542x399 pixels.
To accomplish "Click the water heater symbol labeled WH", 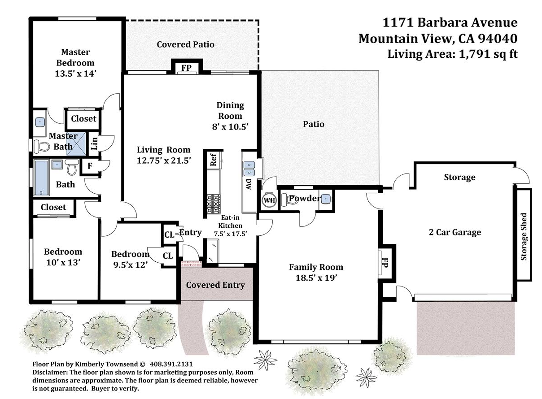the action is (269, 200).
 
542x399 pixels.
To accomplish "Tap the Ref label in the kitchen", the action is (214, 160).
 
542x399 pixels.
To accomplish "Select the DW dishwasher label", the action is (249, 184).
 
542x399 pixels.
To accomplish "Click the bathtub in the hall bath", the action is (41, 177).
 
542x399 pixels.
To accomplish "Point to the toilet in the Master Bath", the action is (42, 146).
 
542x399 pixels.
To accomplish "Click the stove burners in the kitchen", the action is (214, 204).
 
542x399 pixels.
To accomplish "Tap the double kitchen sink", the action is (249, 169).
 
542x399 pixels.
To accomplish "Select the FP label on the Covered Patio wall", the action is (186, 68).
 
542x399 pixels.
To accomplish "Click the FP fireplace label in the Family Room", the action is (385, 263).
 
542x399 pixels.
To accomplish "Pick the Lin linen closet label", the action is (94, 143).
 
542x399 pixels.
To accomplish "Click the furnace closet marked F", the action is (90, 165).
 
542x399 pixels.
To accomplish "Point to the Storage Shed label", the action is (524, 237).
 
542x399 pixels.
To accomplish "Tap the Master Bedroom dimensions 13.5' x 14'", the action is (75, 73).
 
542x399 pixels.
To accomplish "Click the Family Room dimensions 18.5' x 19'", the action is (316, 278).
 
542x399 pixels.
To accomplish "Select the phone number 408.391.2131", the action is (171, 364).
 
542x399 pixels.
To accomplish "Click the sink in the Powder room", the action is (326, 199).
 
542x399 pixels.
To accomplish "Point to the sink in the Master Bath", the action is (39, 122).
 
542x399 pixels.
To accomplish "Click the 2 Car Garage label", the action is (455, 232).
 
